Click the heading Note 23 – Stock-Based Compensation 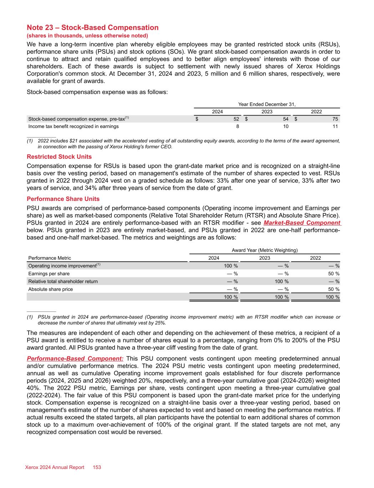pos(92,28)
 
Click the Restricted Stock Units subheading pos(59,157)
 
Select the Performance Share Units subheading pos(63,199)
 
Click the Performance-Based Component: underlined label pos(75,359)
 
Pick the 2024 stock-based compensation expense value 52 pos(236,119)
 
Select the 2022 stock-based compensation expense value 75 pos(334,119)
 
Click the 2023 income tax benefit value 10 pos(285,126)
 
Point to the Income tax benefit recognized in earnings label pos(74,126)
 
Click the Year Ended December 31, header pos(267,104)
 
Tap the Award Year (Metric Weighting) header pos(264,250)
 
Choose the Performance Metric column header pos(50,258)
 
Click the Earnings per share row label pos(49,273)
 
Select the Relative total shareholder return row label pos(63,281)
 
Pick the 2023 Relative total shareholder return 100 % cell pos(282,281)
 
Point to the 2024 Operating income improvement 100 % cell pos(231,266)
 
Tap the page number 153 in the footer pos(97,467)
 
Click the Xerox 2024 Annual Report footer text pos(55,467)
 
